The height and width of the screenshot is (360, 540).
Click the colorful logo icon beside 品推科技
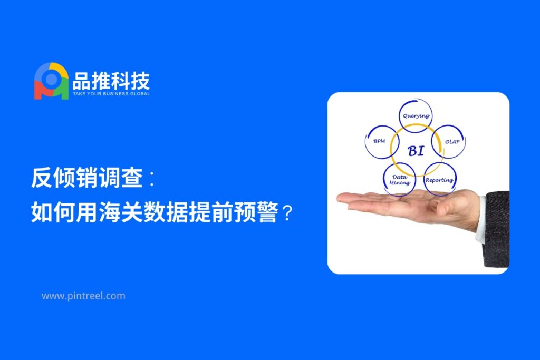[51, 81]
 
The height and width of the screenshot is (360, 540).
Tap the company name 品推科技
[111, 81]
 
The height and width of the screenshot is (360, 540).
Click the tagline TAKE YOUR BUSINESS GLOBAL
[111, 94]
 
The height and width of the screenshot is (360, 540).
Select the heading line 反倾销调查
[87, 178]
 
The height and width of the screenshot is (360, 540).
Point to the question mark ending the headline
[287, 213]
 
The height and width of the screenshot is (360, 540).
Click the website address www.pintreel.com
[83, 296]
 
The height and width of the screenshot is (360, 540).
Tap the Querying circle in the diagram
[416, 115]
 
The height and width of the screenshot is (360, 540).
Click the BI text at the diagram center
[416, 151]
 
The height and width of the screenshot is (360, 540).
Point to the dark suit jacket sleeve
[496, 229]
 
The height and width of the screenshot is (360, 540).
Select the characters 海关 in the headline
[121, 212]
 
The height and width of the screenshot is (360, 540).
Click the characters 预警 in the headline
[256, 212]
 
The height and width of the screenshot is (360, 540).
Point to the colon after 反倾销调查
[151, 179]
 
